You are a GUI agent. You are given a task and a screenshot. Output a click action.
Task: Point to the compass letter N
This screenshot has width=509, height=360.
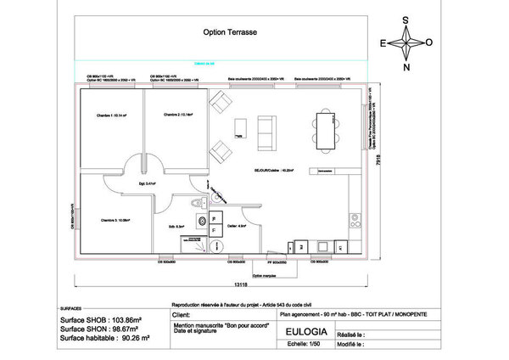406,67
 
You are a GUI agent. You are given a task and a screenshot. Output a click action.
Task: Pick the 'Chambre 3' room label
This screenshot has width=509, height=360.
115,221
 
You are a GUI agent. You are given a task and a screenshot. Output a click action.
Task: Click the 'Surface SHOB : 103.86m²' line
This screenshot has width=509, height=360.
101,320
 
